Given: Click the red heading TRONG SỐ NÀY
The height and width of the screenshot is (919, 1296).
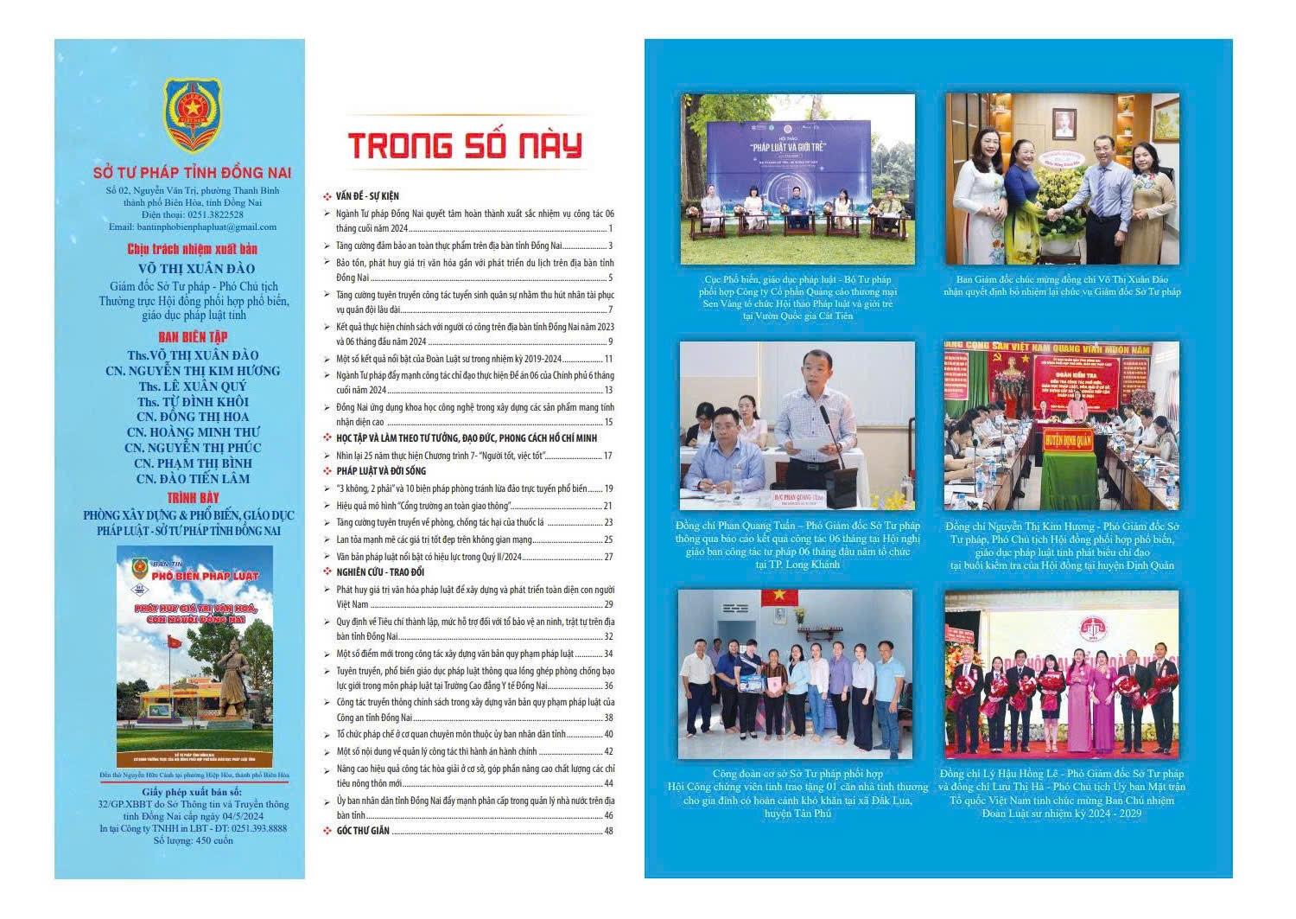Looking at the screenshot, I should click(x=465, y=145).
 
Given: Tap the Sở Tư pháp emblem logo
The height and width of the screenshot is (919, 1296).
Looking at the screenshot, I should click(x=192, y=114).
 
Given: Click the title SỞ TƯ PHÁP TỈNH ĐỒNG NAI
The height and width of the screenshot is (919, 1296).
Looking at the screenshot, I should click(x=192, y=173).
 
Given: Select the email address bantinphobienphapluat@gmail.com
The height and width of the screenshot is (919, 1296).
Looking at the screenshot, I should click(x=193, y=227).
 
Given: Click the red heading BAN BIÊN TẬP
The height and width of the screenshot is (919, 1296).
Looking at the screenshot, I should click(x=193, y=337).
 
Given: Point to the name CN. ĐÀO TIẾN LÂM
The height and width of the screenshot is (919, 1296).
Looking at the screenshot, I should click(x=193, y=479).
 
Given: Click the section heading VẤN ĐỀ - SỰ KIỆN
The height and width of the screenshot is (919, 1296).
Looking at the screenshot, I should click(x=367, y=196).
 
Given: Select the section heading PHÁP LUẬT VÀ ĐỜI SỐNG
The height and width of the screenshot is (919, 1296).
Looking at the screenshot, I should click(x=381, y=471).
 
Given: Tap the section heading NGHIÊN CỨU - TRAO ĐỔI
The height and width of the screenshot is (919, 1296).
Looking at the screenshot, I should click(x=380, y=572).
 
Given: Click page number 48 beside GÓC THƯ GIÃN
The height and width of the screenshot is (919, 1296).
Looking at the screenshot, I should click(x=608, y=831).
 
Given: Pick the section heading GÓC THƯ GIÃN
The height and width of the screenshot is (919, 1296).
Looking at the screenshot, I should click(x=363, y=831).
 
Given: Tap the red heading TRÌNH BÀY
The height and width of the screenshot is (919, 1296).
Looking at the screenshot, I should click(x=193, y=498).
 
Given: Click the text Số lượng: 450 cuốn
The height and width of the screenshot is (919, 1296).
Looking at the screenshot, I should click(x=193, y=840).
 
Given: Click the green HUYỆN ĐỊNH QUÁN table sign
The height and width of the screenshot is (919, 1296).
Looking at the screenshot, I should click(x=1068, y=440).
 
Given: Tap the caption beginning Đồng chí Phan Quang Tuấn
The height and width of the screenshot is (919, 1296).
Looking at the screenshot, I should click(x=797, y=545).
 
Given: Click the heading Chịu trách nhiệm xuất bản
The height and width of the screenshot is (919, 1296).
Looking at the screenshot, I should click(x=193, y=249).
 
